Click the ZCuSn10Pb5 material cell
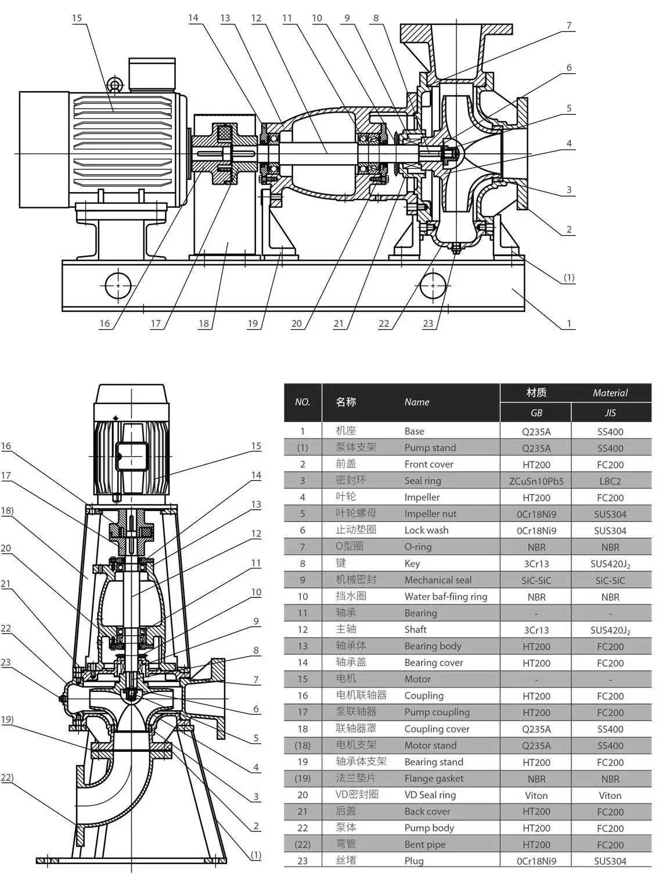pos(536,481)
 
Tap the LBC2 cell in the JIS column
pos(610,481)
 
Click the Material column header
pos(610,393)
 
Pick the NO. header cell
pos(303,402)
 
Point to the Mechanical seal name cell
pos(438,580)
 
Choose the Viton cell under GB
pos(536,795)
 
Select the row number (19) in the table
pos(303,779)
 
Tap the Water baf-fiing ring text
pos(445,596)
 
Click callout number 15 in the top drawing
pos(77,18)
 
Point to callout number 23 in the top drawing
pos(428,323)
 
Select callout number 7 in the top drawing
pos(569,26)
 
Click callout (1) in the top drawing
pos(569,278)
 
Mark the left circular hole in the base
pos(118,286)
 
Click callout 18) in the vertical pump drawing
pos(7,511)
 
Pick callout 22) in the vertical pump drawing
pos(7,778)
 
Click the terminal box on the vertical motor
pos(132,456)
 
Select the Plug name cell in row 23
pos(414,861)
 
